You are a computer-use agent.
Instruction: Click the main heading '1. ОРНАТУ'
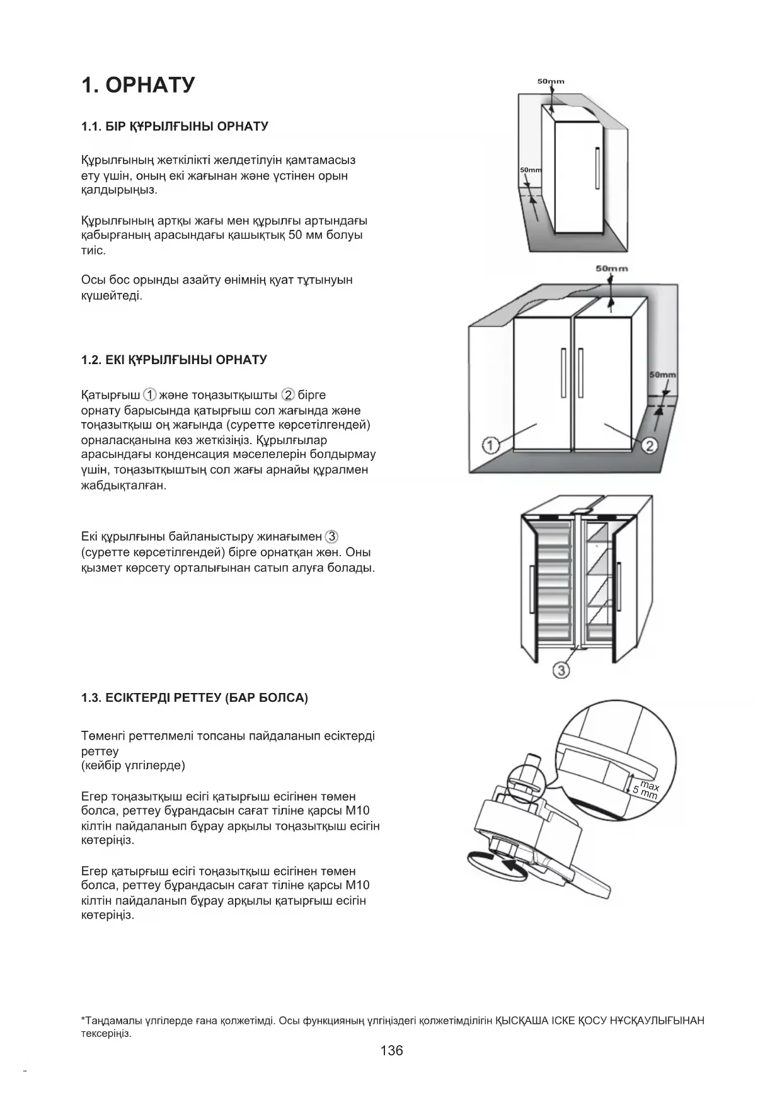click(138, 85)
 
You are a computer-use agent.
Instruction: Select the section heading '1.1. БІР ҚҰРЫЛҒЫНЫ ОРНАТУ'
click(175, 127)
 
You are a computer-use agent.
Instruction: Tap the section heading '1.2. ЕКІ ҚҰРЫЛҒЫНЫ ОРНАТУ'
click(174, 360)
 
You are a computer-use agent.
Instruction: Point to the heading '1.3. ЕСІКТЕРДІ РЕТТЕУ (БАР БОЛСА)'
click(194, 698)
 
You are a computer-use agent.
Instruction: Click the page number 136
click(391, 1050)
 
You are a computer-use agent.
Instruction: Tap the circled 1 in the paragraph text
click(150, 395)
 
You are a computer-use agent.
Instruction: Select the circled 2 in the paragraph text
click(289, 395)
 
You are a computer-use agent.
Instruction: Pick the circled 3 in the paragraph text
click(331, 537)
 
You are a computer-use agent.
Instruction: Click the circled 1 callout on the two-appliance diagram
click(491, 445)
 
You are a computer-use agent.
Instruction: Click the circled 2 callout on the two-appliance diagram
click(649, 446)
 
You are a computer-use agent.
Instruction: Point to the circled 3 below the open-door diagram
click(561, 670)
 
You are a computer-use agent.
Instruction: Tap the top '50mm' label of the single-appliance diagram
click(551, 81)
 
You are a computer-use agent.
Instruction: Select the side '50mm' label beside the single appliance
click(531, 170)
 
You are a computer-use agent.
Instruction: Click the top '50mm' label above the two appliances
click(611, 268)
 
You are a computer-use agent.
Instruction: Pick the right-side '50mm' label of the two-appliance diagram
click(662, 374)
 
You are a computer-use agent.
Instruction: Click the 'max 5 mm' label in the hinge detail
click(647, 789)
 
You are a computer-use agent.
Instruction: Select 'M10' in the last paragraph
click(358, 885)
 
